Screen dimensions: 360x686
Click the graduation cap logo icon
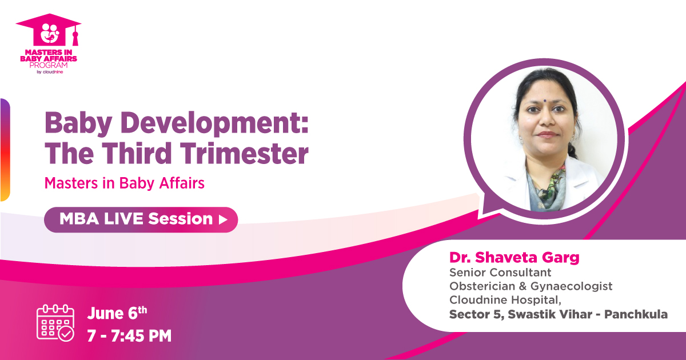48,32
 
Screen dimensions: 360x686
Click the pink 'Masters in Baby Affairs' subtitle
125,183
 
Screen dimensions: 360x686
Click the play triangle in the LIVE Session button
224,219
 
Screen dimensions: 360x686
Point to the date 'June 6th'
117,314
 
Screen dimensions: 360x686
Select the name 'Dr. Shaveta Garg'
514,257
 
